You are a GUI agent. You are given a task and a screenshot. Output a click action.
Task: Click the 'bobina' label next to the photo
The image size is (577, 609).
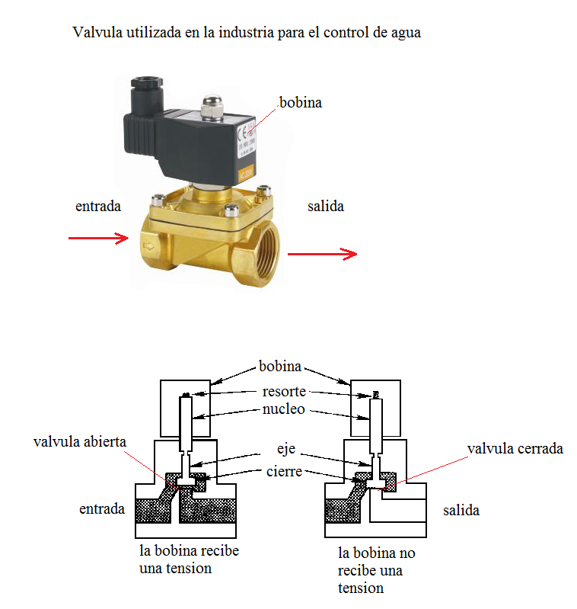click(300, 102)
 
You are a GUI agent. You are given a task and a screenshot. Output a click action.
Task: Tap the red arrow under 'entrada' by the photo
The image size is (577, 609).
click(98, 239)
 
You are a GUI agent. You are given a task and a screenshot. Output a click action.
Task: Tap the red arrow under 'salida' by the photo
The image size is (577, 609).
click(322, 254)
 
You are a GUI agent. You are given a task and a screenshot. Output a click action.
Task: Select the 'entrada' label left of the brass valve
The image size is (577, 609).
click(98, 207)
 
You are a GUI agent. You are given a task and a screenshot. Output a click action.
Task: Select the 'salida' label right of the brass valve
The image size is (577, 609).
click(326, 207)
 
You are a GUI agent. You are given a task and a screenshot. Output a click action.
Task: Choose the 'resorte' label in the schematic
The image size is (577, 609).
click(284, 392)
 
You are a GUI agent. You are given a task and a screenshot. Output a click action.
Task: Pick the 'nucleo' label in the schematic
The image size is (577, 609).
click(284, 409)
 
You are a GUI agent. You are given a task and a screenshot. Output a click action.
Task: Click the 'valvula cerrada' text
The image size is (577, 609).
click(515, 448)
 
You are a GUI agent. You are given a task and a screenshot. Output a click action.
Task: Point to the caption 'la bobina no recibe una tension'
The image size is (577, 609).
click(376, 570)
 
